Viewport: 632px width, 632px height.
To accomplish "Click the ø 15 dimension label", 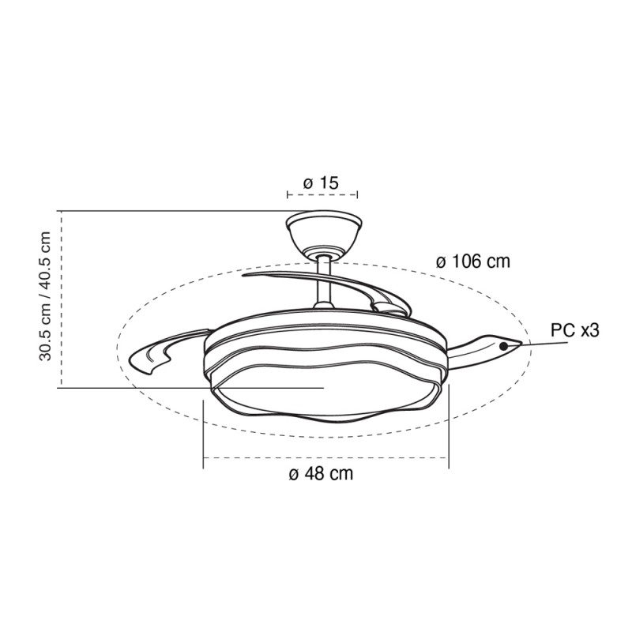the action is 321,183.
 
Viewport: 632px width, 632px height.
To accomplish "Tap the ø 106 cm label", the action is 473,261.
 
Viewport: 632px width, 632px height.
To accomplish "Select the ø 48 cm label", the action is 321,473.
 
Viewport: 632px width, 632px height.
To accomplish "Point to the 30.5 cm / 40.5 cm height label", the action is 45,296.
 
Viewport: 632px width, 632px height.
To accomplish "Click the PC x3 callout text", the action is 575,330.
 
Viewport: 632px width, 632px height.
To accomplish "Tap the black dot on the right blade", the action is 503,346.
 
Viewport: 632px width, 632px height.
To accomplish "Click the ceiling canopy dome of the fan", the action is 324,233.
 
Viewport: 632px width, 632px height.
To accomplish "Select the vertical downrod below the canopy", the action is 324,282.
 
